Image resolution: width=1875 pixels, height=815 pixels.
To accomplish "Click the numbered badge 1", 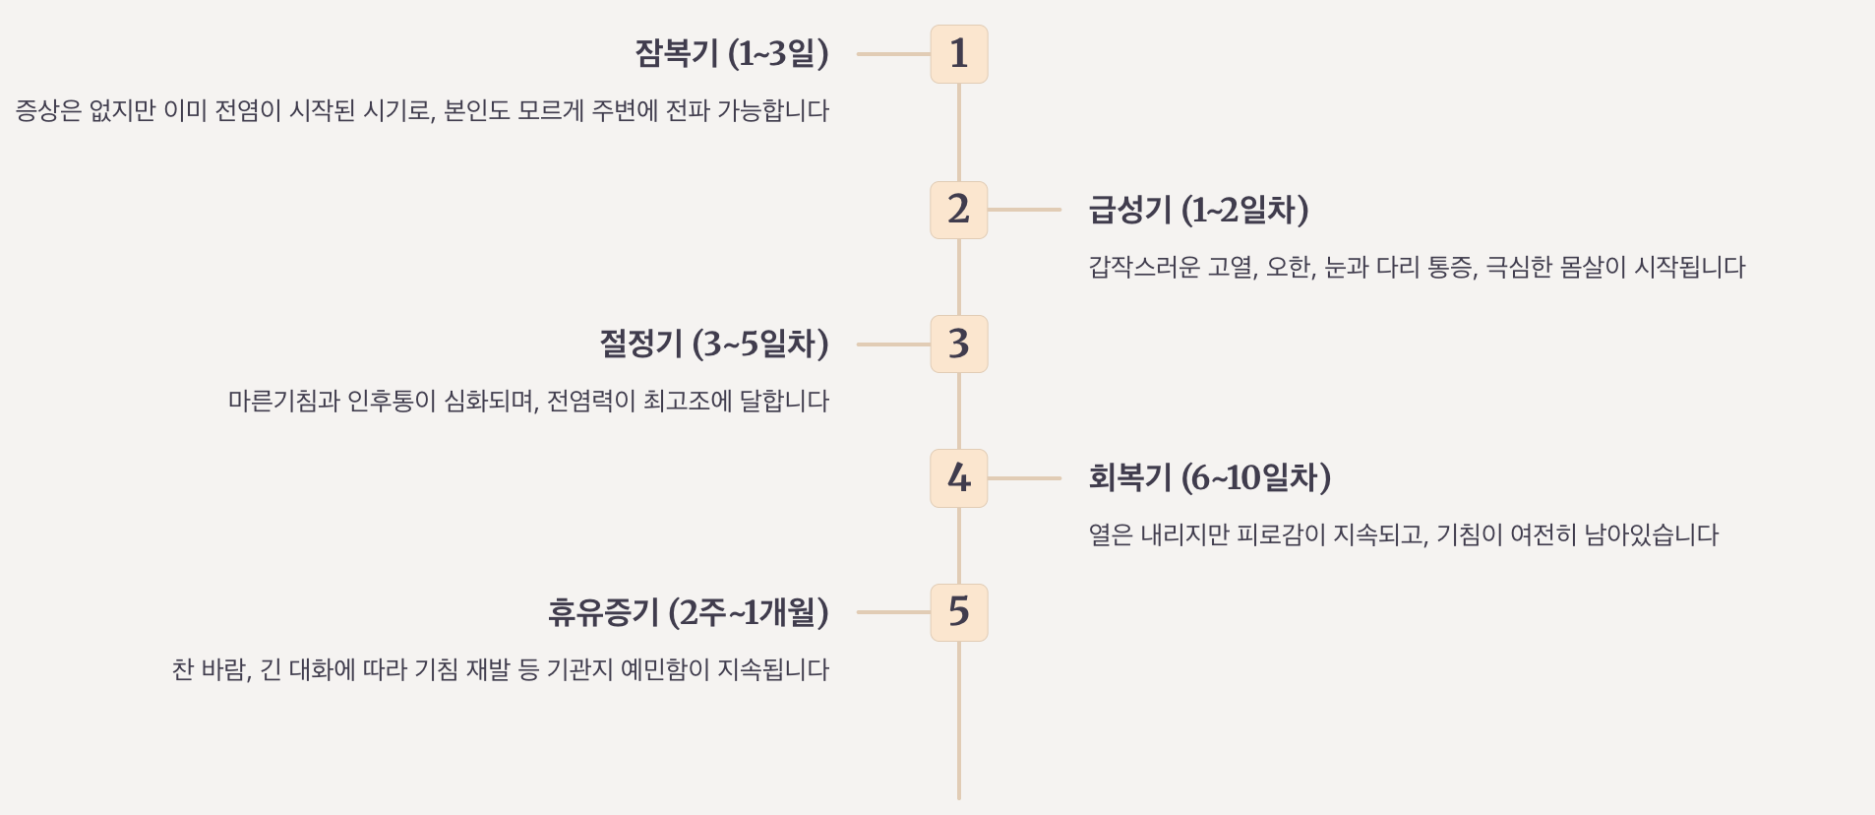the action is (958, 54).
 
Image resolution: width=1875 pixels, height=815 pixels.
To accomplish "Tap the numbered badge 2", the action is (958, 210).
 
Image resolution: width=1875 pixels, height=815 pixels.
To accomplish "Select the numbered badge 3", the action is (958, 345).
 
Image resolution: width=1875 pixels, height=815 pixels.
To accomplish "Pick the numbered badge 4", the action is (958, 478).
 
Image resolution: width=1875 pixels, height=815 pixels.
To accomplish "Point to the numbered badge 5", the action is (958, 612).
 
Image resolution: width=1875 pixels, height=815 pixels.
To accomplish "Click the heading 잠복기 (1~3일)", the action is (731, 53).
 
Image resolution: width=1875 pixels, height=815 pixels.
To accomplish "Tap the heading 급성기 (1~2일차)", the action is (1198, 210).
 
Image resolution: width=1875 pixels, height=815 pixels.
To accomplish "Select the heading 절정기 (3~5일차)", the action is (714, 344).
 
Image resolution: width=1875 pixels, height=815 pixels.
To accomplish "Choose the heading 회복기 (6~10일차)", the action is (1209, 477).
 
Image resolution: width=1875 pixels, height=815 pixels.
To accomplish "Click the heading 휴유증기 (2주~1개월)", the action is (689, 612).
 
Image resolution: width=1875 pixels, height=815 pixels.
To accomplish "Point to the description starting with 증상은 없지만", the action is (422, 110).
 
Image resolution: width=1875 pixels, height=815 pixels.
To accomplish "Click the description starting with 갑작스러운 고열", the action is (1417, 267).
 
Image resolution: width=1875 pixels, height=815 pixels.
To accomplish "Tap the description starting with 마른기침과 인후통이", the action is (528, 401).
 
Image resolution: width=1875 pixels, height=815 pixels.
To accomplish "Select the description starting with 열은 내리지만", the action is (1403, 534).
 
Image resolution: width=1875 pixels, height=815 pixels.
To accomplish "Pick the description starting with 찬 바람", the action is (501, 669).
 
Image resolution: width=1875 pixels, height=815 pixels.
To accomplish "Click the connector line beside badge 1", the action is (893, 54).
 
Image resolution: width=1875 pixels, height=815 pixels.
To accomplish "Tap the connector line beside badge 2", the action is (1024, 210).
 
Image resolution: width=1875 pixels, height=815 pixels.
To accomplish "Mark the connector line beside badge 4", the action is (1024, 478).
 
